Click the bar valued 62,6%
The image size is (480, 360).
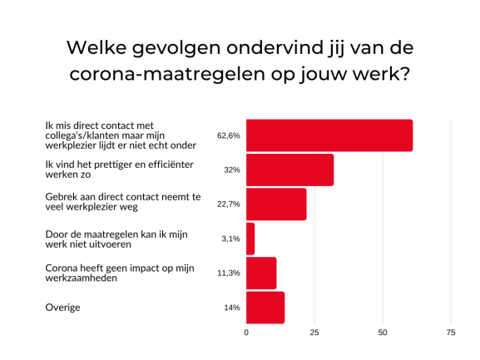[329, 136]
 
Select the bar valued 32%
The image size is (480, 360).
[290, 170]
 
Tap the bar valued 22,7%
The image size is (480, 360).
[276, 204]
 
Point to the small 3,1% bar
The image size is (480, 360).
[250, 239]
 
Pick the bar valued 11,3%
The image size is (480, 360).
[261, 273]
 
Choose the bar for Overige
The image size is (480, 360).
[265, 308]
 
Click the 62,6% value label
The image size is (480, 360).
[229, 136]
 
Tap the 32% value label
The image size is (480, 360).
[232, 170]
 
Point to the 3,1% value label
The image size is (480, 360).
[231, 239]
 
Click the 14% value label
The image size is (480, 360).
[232, 308]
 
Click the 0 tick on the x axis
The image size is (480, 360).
[246, 333]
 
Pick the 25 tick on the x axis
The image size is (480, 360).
[314, 333]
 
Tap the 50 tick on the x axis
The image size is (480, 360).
[383, 333]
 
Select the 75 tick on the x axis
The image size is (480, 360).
[451, 333]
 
